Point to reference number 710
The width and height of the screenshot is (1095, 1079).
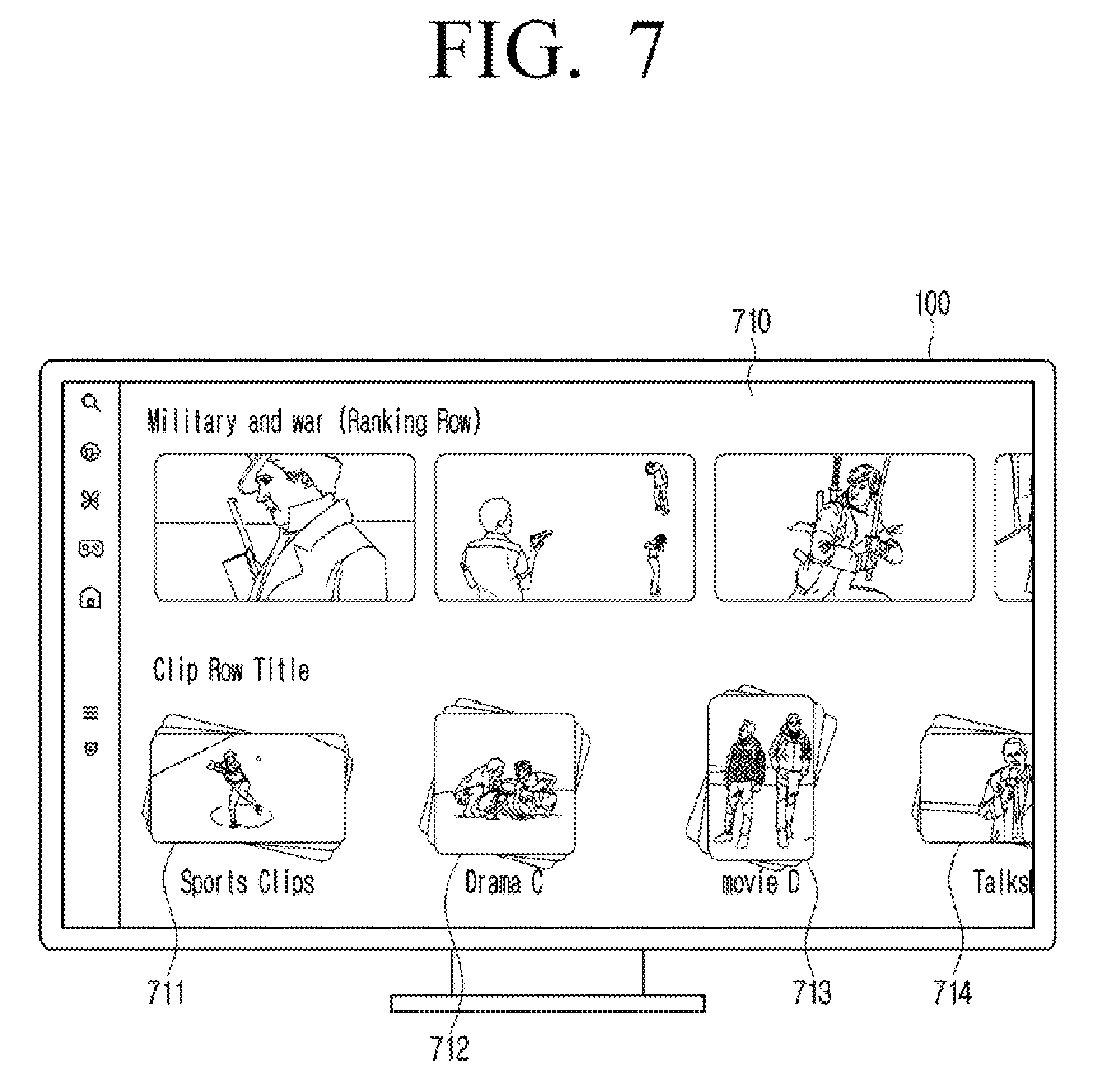(x=751, y=322)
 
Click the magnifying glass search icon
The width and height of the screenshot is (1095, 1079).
(x=92, y=403)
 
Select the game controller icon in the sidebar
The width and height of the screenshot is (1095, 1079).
(x=91, y=548)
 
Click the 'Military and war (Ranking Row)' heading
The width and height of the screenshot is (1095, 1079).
(x=314, y=422)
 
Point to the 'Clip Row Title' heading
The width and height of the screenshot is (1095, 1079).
(x=231, y=670)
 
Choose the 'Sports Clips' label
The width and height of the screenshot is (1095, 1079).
(x=248, y=882)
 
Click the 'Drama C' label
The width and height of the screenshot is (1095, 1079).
(x=504, y=882)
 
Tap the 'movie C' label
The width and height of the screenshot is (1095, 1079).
(x=760, y=882)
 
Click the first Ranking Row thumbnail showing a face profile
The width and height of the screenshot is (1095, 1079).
(x=285, y=527)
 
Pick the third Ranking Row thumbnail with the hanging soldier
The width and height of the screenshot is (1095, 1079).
(x=844, y=527)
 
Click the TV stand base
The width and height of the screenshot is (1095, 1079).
(x=547, y=1003)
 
